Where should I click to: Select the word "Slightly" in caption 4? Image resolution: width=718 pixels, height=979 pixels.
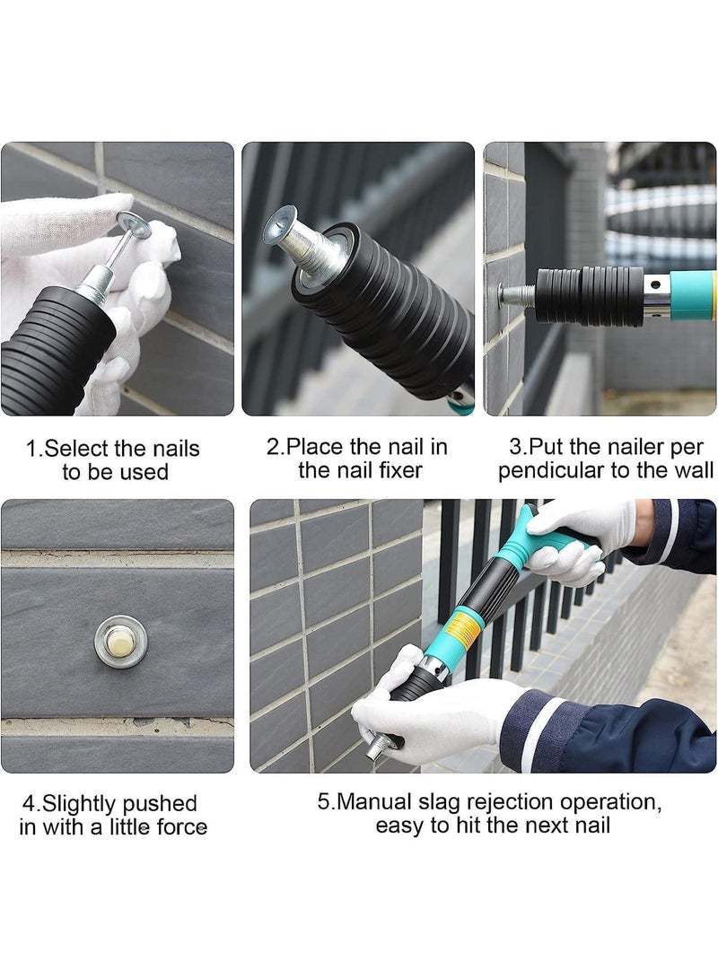tap(84, 803)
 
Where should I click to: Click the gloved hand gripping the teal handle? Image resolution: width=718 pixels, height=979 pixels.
tap(574, 538)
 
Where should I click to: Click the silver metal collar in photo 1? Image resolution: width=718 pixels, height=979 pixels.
tap(92, 292)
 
